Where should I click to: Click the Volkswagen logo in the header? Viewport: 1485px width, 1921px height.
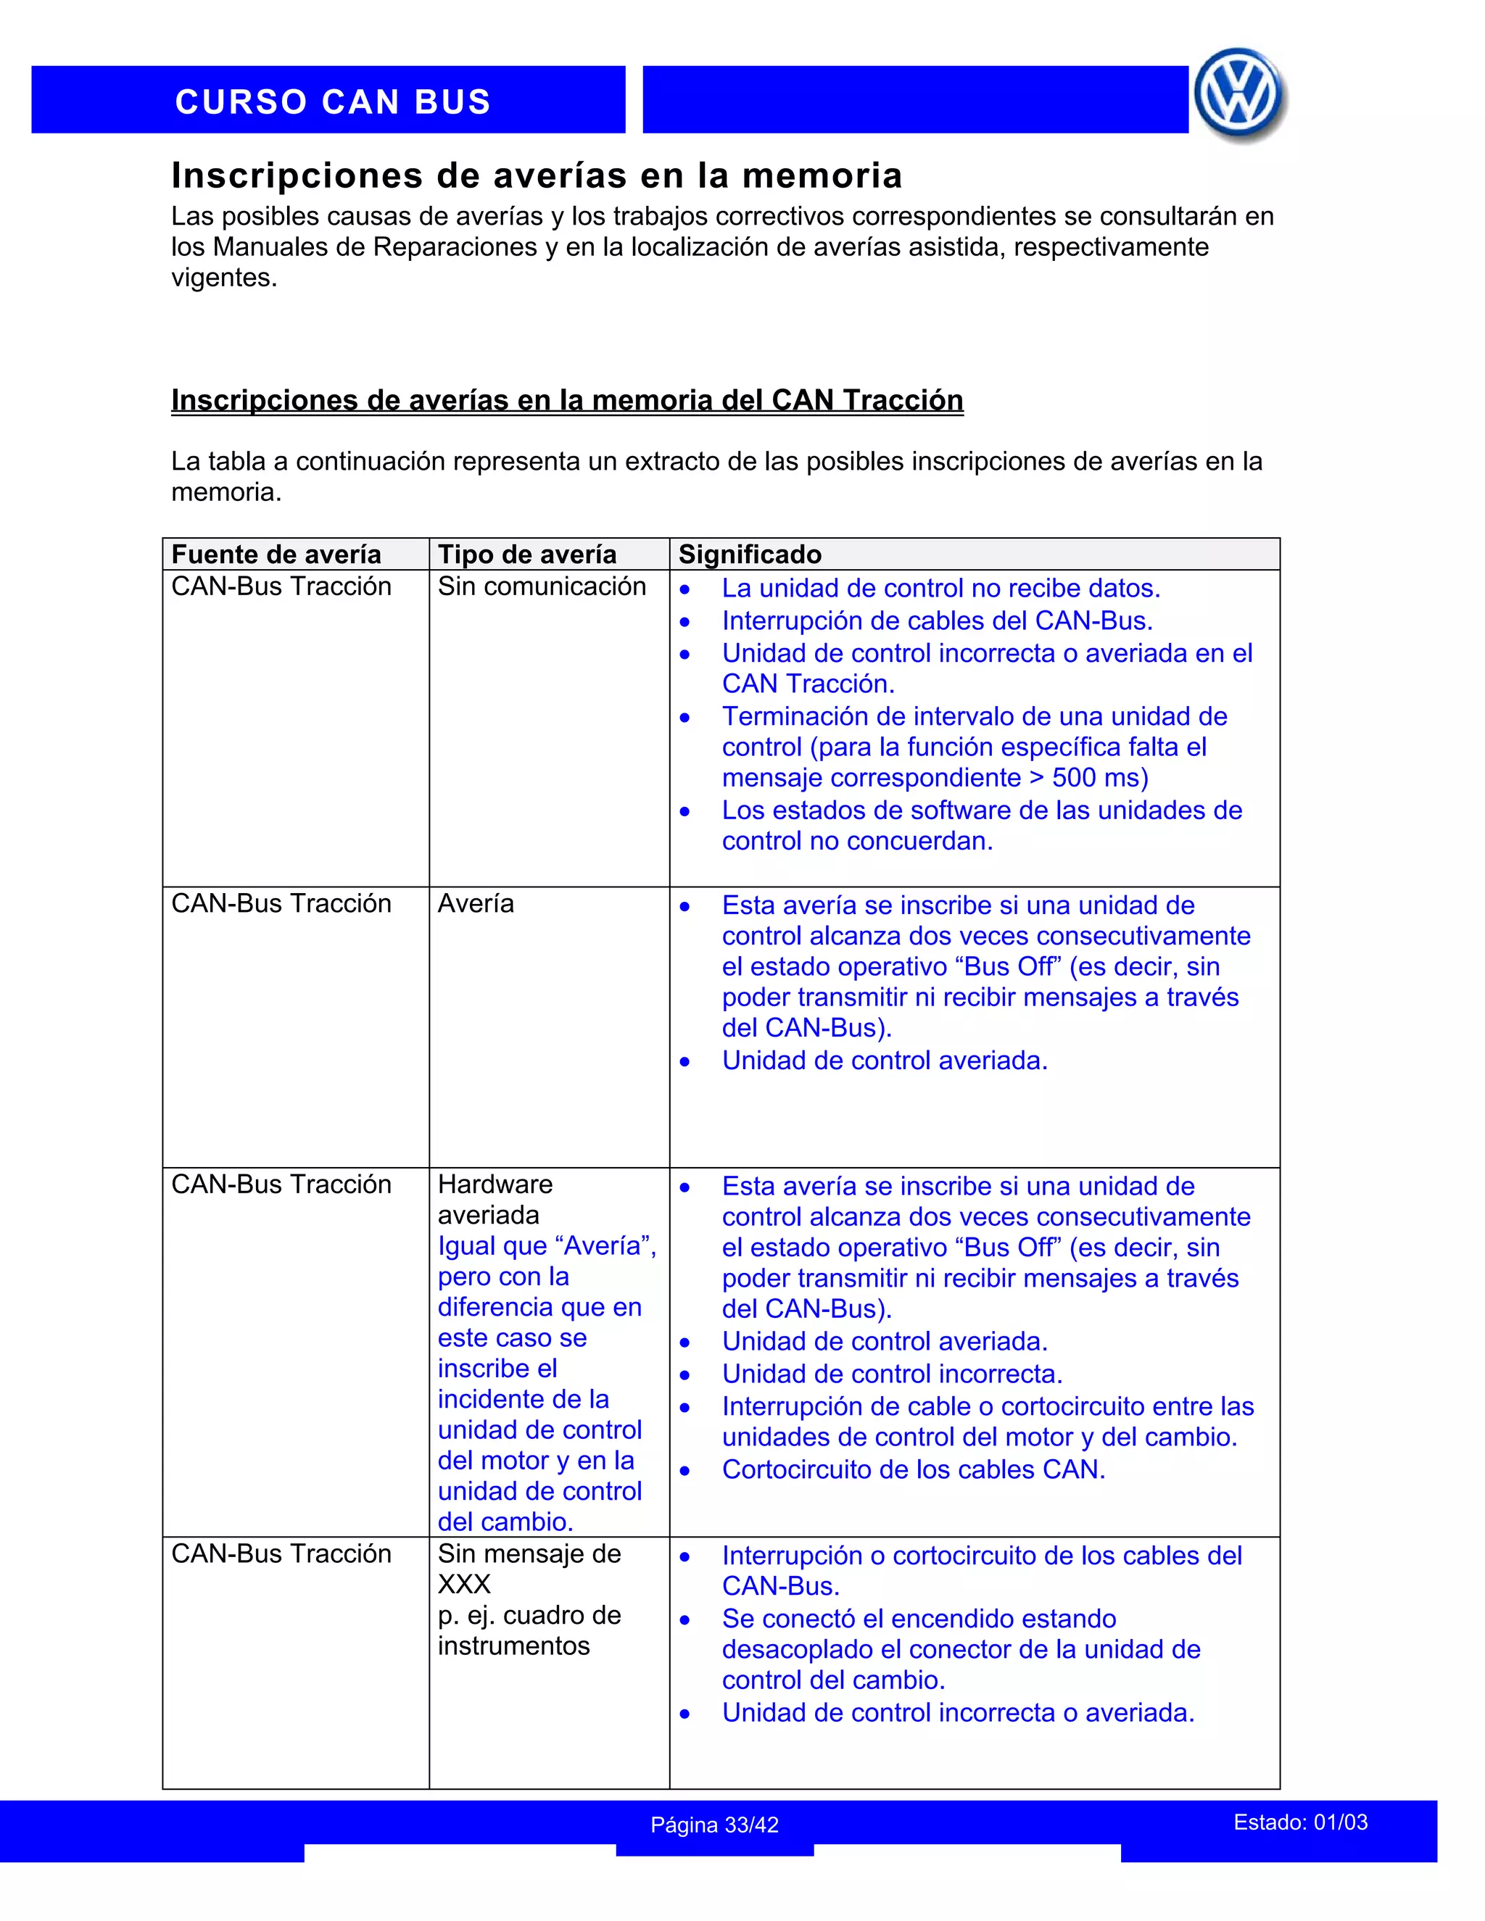pyautogui.click(x=1238, y=95)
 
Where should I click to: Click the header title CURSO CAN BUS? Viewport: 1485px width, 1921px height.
pyautogui.click(x=333, y=101)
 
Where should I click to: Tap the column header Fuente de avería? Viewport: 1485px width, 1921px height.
pyautogui.click(x=276, y=554)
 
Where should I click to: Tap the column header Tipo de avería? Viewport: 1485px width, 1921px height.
pyautogui.click(x=526, y=554)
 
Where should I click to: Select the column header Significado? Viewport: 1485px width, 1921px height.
pyautogui.click(x=750, y=554)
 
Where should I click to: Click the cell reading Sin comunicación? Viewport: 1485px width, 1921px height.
pyautogui.click(x=541, y=586)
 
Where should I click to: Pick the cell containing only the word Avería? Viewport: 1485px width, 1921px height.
pyautogui.click(x=475, y=903)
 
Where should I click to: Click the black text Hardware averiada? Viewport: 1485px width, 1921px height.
pyautogui.click(x=495, y=1199)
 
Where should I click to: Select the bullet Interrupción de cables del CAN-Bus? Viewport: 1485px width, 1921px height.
pyautogui.click(x=936, y=621)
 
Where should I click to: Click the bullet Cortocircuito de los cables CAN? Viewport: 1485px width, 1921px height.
pyautogui.click(x=912, y=1469)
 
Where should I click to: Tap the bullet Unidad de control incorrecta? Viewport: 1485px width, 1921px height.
pyautogui.click(x=891, y=1373)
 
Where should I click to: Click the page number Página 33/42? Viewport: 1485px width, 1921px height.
pyautogui.click(x=713, y=1825)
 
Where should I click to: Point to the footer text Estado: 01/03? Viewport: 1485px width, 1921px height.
pyautogui.click(x=1299, y=1822)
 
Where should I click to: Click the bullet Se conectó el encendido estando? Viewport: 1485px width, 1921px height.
pyautogui.click(x=919, y=1619)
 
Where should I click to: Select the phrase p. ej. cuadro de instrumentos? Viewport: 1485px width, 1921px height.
pyautogui.click(x=528, y=1630)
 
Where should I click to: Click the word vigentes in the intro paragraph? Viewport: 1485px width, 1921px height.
pyautogui.click(x=223, y=278)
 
